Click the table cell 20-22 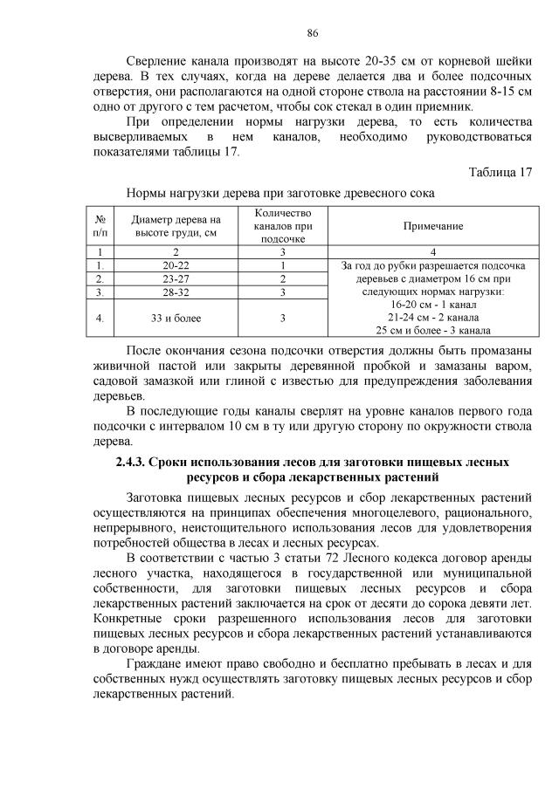(x=176, y=265)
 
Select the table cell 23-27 (x=176, y=279)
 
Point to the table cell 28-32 (x=176, y=293)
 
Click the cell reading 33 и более (x=176, y=318)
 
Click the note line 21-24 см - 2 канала (x=433, y=318)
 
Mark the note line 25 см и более (x=433, y=330)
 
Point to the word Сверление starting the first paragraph (x=156, y=63)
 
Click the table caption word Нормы (x=148, y=192)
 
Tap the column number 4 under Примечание (x=433, y=251)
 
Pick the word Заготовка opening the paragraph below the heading (x=157, y=496)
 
